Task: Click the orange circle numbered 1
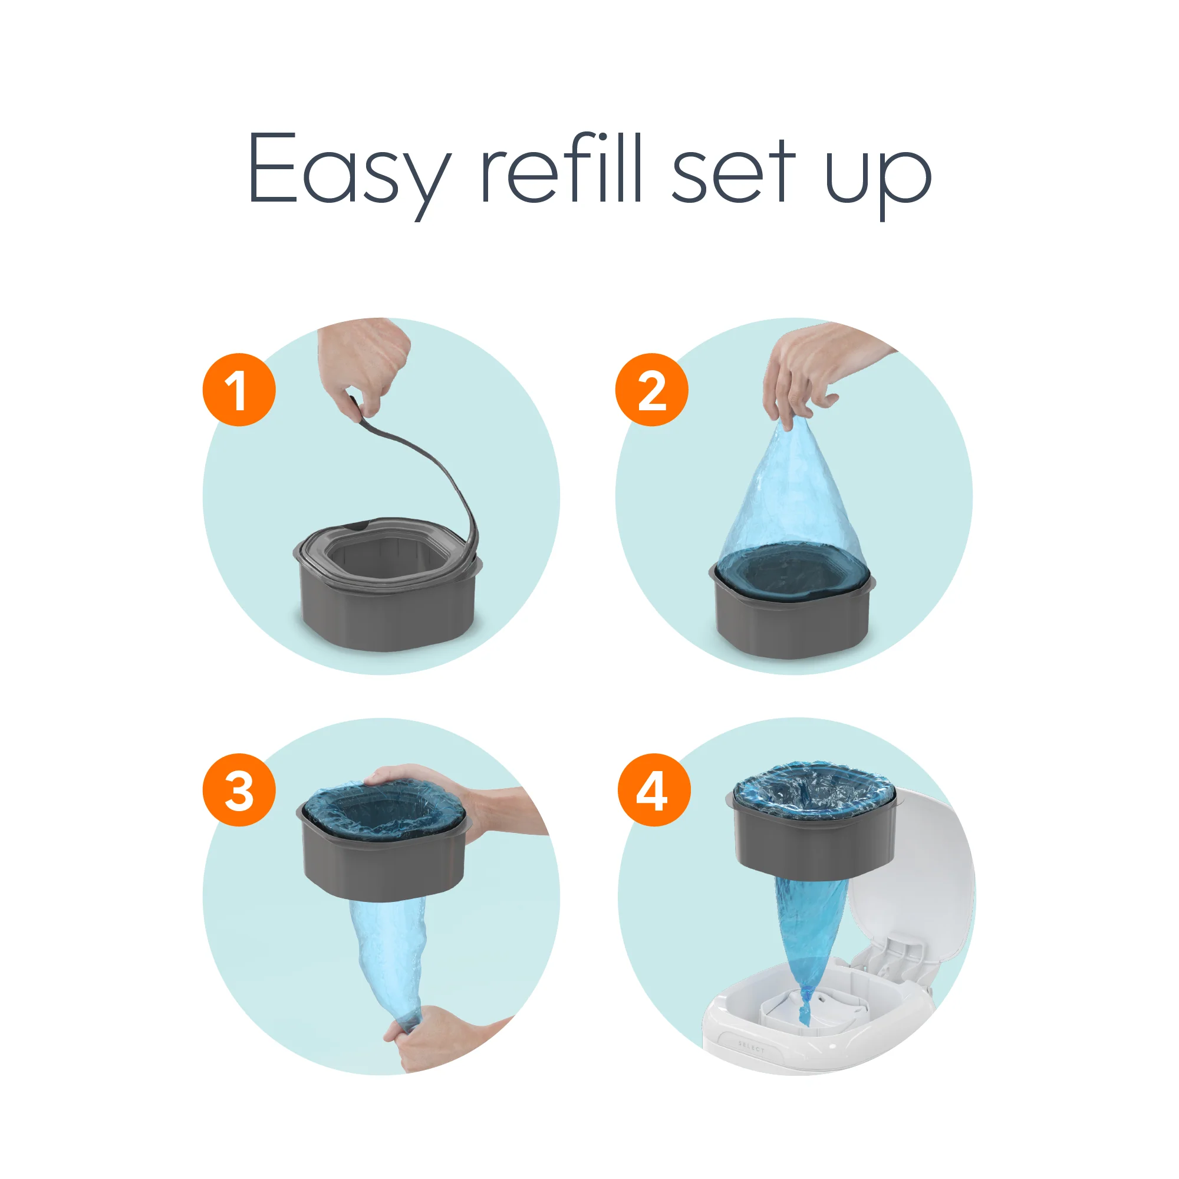239,389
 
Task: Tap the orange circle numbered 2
651,389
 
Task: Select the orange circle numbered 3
239,790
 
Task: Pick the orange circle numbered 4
654,790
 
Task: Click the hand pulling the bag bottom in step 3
439,1038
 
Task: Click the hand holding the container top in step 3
482,805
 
